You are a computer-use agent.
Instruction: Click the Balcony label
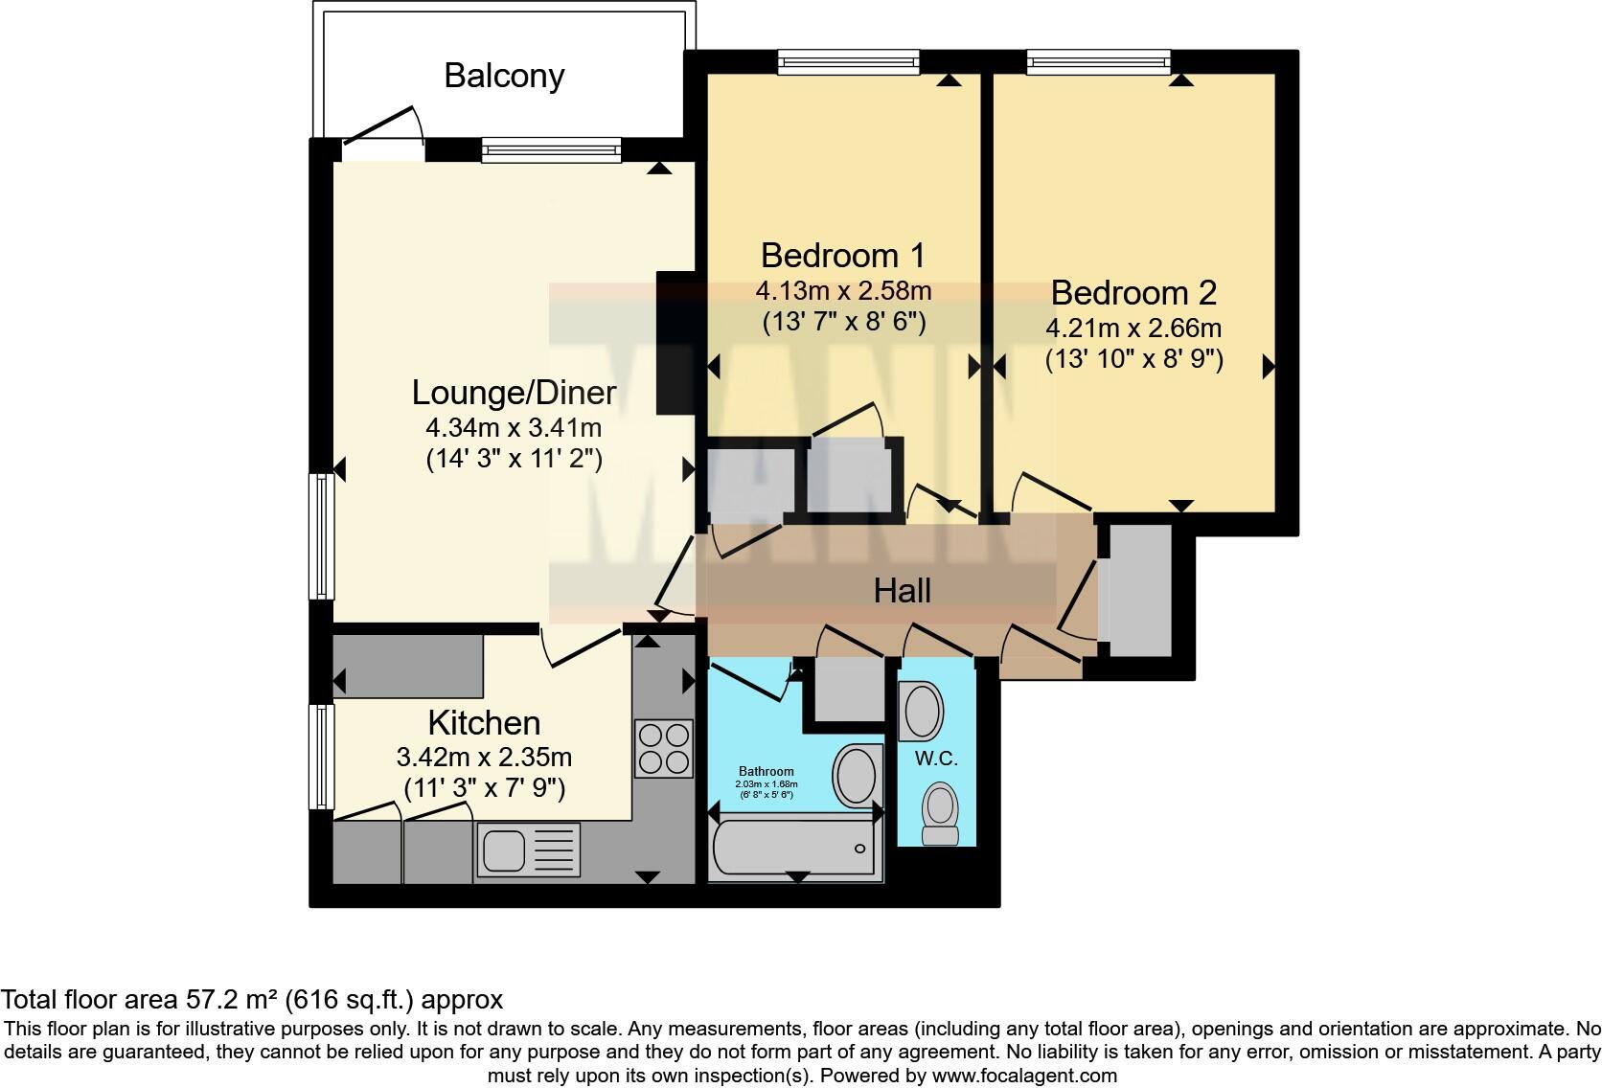[504, 76]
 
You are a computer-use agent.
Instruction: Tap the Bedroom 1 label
[842, 256]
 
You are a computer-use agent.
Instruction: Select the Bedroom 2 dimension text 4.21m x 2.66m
[1133, 329]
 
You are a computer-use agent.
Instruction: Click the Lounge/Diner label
[514, 393]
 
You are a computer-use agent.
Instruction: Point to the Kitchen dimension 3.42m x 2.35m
[484, 758]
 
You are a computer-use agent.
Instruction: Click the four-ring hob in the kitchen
[664, 748]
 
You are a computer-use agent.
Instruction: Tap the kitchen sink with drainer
[530, 851]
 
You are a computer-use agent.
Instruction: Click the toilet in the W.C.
[939, 814]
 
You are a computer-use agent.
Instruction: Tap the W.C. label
[936, 759]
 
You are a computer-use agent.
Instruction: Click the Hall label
[902, 591]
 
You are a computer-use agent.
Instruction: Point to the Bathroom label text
[766, 771]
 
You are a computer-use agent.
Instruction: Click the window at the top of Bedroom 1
[848, 63]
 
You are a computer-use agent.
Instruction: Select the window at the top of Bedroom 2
[1098, 63]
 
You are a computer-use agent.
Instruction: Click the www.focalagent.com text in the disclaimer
[1023, 1076]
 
